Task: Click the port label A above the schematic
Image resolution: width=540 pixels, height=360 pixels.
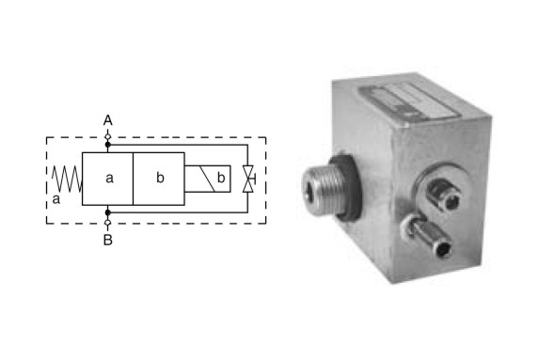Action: pos(108,120)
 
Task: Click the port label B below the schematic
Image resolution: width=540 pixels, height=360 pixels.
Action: pos(108,240)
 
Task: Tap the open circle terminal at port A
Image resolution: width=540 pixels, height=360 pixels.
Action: pos(108,136)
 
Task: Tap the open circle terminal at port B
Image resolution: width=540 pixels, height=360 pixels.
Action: pos(108,223)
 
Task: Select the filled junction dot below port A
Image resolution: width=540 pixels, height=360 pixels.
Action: pos(108,145)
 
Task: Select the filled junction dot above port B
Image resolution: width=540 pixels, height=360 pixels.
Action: pos(108,212)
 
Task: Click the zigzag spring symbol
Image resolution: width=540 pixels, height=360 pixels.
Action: pos(67,179)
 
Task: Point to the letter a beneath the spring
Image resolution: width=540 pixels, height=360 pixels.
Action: pos(56,199)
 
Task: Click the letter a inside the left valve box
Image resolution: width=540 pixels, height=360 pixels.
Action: pos(109,178)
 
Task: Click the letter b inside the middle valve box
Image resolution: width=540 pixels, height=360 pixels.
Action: pos(160,178)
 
